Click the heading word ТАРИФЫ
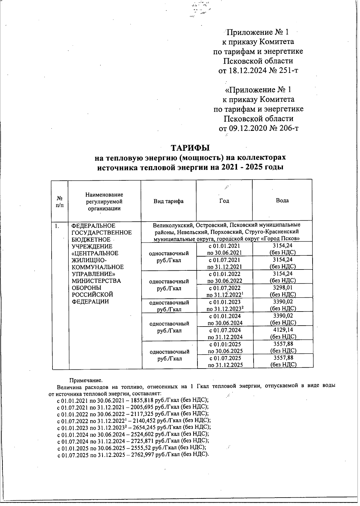[190, 148]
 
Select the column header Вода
[282, 200]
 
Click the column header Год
[224, 201]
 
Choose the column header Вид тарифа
[168, 201]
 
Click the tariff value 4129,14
[283, 330]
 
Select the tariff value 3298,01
[283, 288]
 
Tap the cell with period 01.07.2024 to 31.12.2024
[225, 333]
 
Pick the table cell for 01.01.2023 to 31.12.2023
[225, 305]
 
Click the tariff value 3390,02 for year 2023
[283, 302]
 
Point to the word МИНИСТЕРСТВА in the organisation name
[96, 281]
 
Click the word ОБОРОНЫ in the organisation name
[85, 288]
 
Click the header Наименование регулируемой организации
[104, 201]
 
